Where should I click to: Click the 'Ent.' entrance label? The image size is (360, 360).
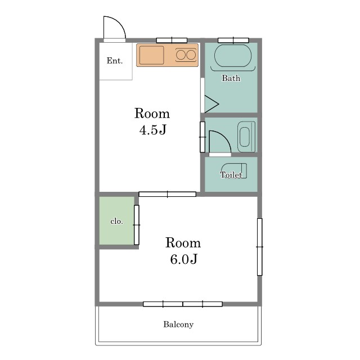pos(115,61)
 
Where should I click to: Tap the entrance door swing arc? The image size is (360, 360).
pos(119,22)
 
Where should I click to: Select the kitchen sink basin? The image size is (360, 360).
pos(152,55)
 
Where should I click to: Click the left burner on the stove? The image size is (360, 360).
pos(181,55)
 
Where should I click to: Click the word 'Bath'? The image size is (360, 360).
pos(231,78)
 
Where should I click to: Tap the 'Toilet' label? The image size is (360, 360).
pos(231,175)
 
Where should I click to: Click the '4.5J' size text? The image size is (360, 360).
pos(152,130)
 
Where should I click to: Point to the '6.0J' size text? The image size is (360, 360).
pos(183,259)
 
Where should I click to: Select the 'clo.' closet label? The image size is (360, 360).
pos(116,221)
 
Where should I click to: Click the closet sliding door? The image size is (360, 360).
pos(136,225)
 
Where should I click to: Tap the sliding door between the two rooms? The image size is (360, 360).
pos(168,194)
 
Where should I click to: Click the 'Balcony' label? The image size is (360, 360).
pos(178,325)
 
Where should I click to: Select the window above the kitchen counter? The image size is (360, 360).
pos(172,40)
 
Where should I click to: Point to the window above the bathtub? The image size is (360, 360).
pos(233,40)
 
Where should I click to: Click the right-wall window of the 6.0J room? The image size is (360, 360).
pos(260,247)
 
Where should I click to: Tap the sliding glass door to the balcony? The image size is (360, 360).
pos(183,304)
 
